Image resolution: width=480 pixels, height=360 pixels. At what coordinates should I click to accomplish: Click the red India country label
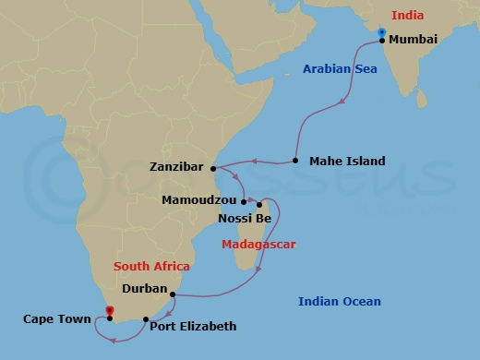[408, 15]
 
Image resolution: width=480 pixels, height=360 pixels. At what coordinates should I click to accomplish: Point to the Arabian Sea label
[341, 67]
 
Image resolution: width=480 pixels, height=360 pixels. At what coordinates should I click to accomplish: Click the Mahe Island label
[347, 162]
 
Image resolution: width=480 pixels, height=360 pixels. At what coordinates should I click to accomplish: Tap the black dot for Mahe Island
[295, 162]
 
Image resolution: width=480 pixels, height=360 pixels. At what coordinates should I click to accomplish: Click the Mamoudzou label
[198, 199]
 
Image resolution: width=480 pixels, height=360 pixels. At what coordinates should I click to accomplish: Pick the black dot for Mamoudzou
[244, 201]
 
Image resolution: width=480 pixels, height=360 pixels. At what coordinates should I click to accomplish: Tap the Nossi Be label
[244, 219]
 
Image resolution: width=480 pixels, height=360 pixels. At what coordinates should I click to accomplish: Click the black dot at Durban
[173, 294]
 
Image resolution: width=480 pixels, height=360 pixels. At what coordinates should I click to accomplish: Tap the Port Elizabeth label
[193, 326]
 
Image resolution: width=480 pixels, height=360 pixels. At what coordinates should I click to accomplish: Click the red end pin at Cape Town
[109, 311]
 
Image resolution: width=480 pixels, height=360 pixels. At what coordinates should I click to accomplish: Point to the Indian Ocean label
[339, 302]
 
